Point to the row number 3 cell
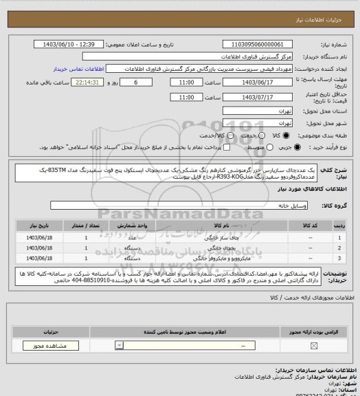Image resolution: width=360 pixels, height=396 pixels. point(341,258)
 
